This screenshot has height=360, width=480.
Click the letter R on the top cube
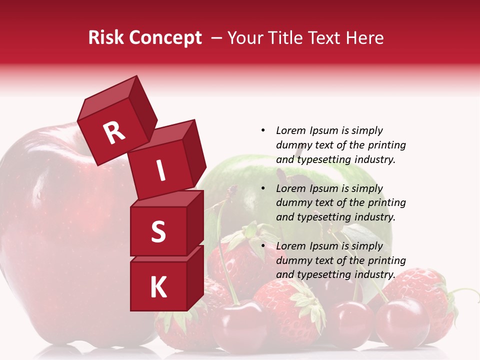point(114,133)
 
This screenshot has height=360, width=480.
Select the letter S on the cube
point(158,231)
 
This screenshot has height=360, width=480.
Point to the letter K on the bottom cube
point(158,287)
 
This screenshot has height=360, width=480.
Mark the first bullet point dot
point(263,130)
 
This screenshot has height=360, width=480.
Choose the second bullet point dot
point(263,188)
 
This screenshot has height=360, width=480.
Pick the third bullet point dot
point(263,246)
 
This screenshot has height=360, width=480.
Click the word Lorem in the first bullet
point(291,130)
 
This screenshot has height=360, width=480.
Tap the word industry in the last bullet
point(375,274)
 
